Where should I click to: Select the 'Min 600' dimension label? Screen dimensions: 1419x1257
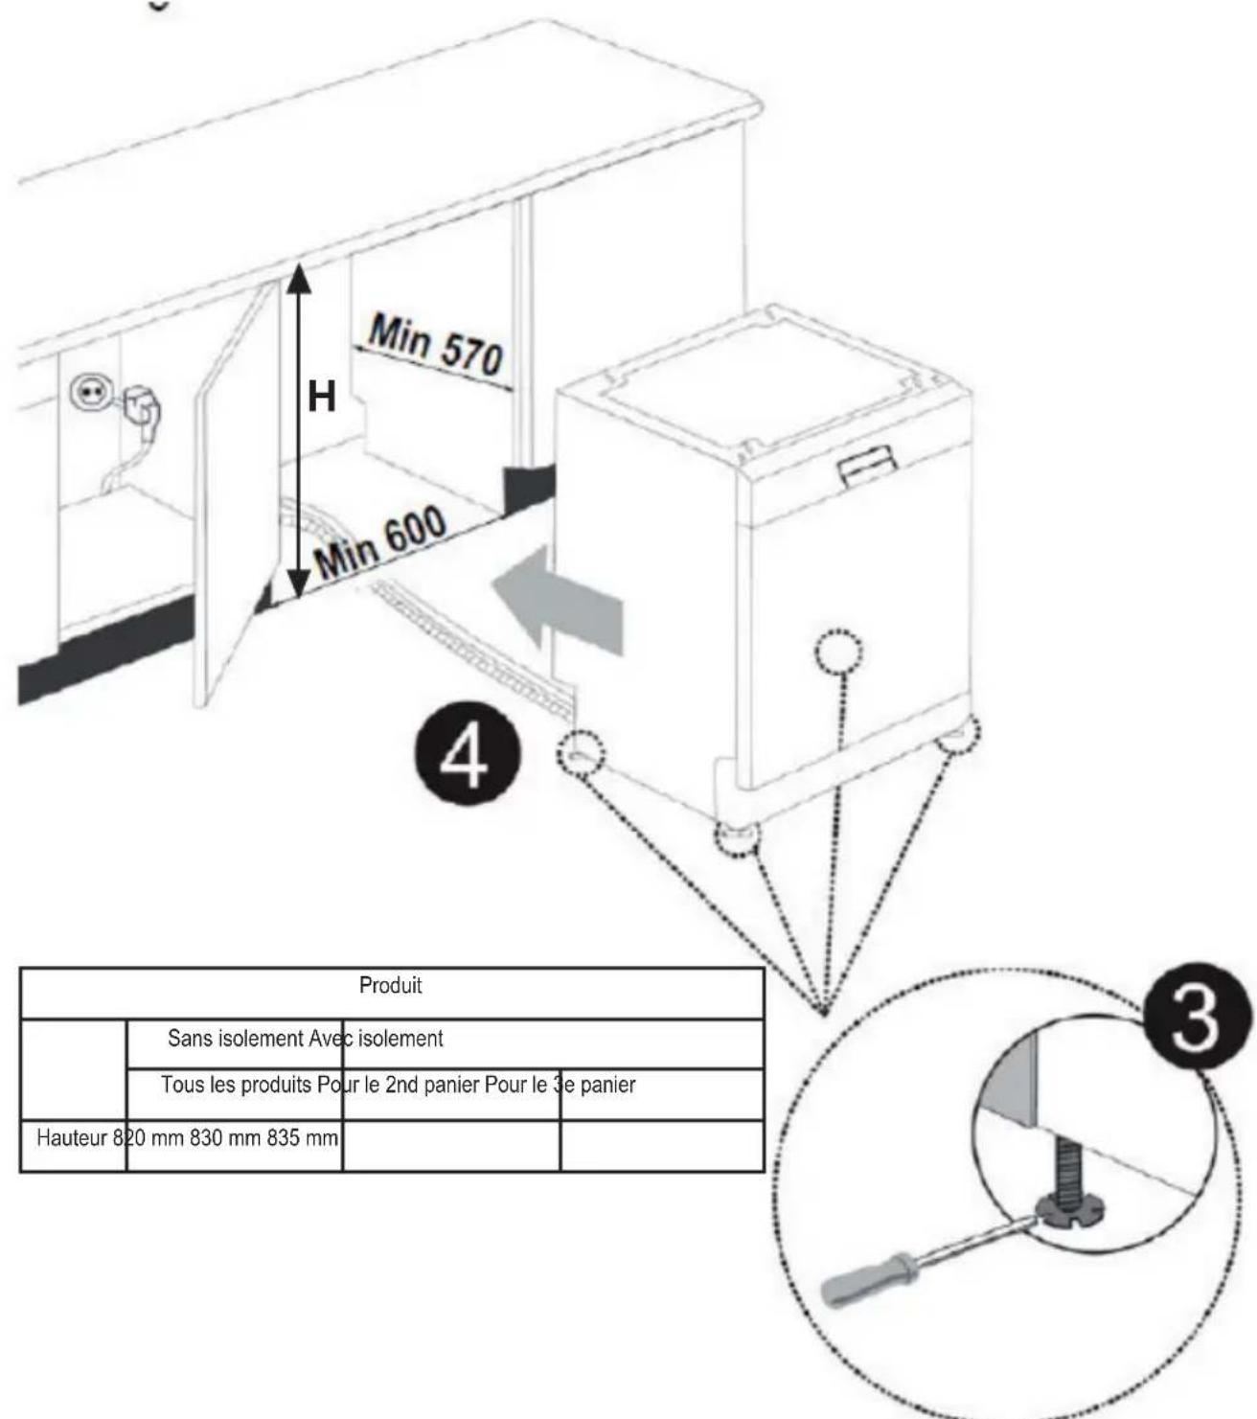pyautogui.click(x=381, y=542)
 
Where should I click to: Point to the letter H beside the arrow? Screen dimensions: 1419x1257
pyautogui.click(x=322, y=397)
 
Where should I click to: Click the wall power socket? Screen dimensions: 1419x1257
pyautogui.click(x=93, y=393)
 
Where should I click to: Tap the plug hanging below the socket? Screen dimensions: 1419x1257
pyautogui.click(x=143, y=408)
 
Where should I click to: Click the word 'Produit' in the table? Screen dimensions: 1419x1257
pyautogui.click(x=390, y=986)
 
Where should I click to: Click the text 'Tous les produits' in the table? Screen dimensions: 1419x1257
pyautogui.click(x=236, y=1086)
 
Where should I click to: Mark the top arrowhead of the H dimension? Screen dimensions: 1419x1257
pyautogui.click(x=299, y=277)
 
